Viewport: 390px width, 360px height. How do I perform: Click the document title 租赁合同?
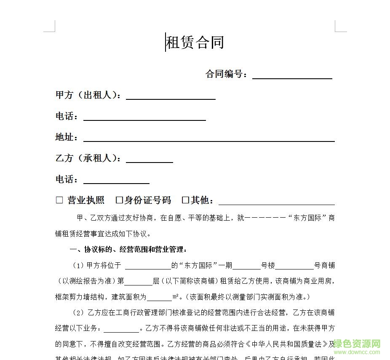click(195, 43)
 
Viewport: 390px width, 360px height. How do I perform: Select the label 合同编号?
click(226, 75)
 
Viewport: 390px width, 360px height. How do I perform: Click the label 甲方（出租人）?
click(88, 95)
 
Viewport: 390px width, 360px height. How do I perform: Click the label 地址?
click(67, 137)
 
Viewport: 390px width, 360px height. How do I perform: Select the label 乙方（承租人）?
click(88, 158)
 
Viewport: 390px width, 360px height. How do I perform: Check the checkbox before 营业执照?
click(59, 200)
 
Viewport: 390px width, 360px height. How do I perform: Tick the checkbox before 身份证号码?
click(119, 200)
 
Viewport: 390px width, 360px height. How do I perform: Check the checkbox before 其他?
click(185, 200)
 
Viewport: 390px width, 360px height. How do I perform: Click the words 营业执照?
click(86, 200)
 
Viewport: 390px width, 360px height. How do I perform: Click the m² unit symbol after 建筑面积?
click(176, 297)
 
